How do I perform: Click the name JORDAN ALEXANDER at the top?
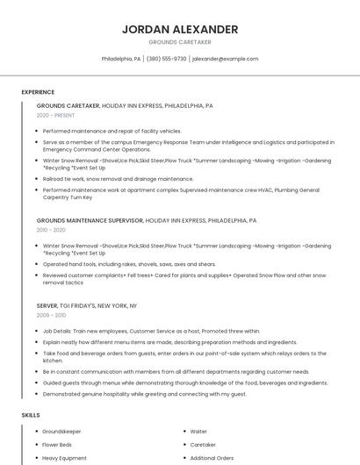(x=180, y=29)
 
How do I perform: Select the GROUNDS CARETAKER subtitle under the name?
(x=180, y=42)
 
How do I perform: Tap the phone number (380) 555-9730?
(x=166, y=59)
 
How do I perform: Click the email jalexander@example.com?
(x=225, y=59)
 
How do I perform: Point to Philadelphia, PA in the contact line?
(x=121, y=59)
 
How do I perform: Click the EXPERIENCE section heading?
(x=38, y=92)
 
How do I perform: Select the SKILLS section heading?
(x=31, y=414)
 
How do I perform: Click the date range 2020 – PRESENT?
(x=55, y=115)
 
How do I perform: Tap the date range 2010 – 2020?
(x=51, y=230)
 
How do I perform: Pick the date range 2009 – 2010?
(x=51, y=315)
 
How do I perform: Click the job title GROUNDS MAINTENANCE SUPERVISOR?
(x=90, y=220)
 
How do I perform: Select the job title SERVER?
(x=47, y=305)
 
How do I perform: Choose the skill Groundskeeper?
(x=61, y=432)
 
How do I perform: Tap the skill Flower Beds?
(x=57, y=445)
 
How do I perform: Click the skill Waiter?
(x=198, y=432)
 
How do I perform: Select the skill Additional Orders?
(x=212, y=458)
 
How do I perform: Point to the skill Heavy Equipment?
(x=64, y=458)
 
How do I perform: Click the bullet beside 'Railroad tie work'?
(x=37, y=179)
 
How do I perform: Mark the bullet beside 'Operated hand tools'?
(x=37, y=264)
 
